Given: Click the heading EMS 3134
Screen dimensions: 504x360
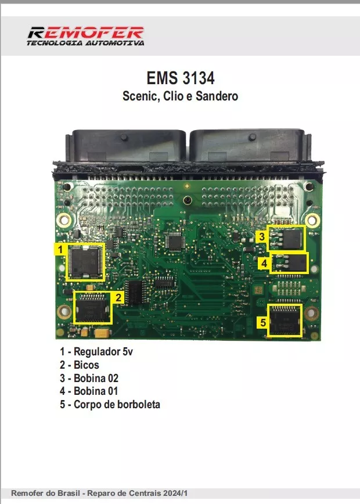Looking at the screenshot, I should point(180,78).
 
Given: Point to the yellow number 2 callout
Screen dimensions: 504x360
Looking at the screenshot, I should point(118,298).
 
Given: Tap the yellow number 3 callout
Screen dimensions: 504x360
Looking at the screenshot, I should point(262,236).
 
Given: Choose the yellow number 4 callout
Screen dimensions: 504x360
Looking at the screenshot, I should point(264,263).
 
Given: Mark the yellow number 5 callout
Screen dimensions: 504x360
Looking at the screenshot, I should point(263,322).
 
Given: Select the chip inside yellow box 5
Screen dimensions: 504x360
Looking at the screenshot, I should point(285,320).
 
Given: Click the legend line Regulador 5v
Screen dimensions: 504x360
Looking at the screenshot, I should point(100,352).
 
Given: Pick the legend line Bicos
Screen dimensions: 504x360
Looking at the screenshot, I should point(80,365).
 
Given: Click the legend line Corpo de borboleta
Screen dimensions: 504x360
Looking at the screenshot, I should point(110,404).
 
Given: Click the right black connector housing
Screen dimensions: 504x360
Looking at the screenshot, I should point(250,146).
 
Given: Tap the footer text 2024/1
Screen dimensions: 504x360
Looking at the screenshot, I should point(177,492).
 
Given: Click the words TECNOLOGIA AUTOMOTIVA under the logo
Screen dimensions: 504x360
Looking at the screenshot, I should point(85,42).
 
